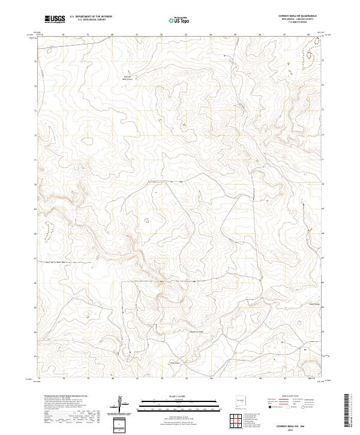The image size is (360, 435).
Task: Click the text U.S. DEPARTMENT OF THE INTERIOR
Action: [91, 17]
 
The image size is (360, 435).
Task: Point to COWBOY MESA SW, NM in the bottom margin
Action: [290, 425]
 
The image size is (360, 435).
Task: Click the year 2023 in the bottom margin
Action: [290, 430]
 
